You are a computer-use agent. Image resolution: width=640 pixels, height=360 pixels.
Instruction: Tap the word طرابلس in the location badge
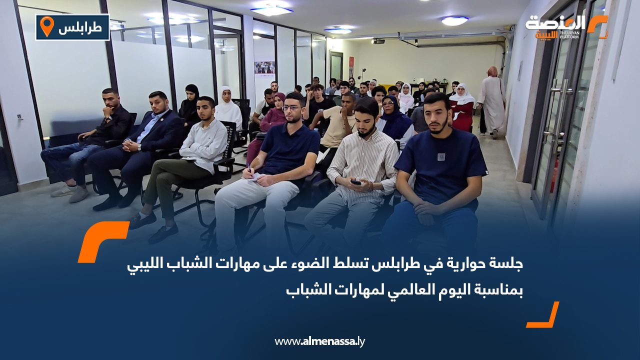click(x=80, y=28)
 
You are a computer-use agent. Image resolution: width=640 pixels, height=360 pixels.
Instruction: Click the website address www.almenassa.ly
click(x=320, y=341)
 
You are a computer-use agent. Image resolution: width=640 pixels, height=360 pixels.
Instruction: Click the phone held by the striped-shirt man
click(x=356, y=182)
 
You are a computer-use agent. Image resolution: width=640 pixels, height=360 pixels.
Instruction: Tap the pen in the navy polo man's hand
click(x=248, y=169)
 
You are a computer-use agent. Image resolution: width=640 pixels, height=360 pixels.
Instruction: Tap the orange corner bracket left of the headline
click(x=102, y=240)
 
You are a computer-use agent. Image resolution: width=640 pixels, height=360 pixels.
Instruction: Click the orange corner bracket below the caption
click(x=543, y=315)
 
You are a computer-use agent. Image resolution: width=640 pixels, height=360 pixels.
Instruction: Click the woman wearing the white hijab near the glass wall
click(x=228, y=107)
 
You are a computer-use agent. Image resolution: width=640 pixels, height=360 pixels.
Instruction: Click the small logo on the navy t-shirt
click(x=441, y=156)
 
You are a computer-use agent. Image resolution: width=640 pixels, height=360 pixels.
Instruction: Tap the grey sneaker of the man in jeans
click(x=78, y=194)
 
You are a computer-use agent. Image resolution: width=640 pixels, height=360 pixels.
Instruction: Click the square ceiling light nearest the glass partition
click(x=271, y=10)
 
